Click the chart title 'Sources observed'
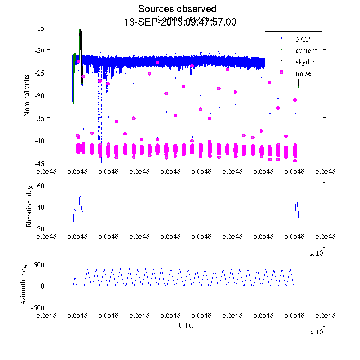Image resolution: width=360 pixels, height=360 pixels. (177, 9)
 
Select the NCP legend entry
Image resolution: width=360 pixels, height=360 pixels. (303, 39)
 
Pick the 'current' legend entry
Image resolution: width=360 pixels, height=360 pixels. (306, 51)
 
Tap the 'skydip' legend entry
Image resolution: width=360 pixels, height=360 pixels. (305, 62)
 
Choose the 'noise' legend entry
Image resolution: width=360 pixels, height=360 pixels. (303, 74)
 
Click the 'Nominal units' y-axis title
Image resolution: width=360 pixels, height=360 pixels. (27, 96)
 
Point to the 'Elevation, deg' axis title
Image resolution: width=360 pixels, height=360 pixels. (29, 207)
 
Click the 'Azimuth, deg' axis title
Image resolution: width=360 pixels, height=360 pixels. (23, 285)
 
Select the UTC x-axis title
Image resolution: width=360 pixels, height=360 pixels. (186, 325)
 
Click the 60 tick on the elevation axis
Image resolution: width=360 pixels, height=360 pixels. (41, 186)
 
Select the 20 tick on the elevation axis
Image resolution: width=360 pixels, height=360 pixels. (41, 228)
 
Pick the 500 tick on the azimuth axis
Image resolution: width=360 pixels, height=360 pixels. (39, 264)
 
